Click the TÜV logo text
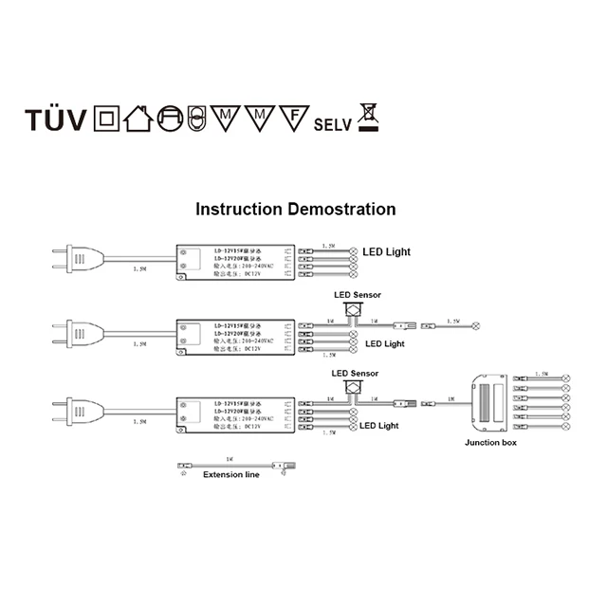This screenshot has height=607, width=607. [56, 121]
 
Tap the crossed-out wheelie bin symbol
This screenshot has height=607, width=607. [366, 117]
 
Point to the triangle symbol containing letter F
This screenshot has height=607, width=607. [294, 118]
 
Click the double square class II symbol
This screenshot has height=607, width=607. [105, 120]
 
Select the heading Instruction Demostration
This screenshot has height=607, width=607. [295, 209]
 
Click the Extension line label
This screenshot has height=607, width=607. [230, 475]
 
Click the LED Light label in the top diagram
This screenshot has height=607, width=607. [388, 251]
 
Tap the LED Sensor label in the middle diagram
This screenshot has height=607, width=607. [357, 296]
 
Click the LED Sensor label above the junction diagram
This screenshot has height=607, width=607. [355, 374]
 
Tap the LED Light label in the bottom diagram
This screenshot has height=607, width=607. [379, 426]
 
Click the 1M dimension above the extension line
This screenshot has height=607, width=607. [230, 457]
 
